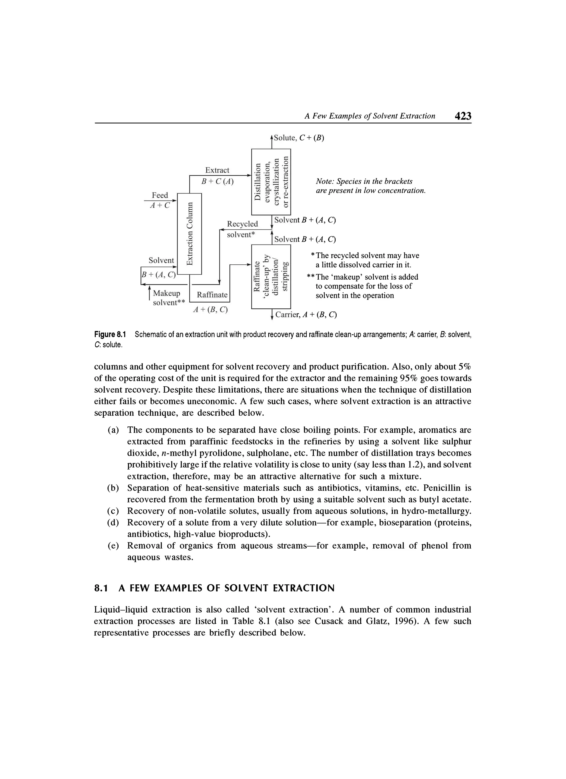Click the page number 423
point(463,116)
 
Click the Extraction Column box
point(189,234)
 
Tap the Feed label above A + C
point(160,195)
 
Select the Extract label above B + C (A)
point(217,170)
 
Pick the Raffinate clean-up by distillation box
point(271,277)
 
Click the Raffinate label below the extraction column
point(212,295)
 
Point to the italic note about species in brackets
point(370,186)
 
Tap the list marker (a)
point(113,430)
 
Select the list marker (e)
point(113,546)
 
